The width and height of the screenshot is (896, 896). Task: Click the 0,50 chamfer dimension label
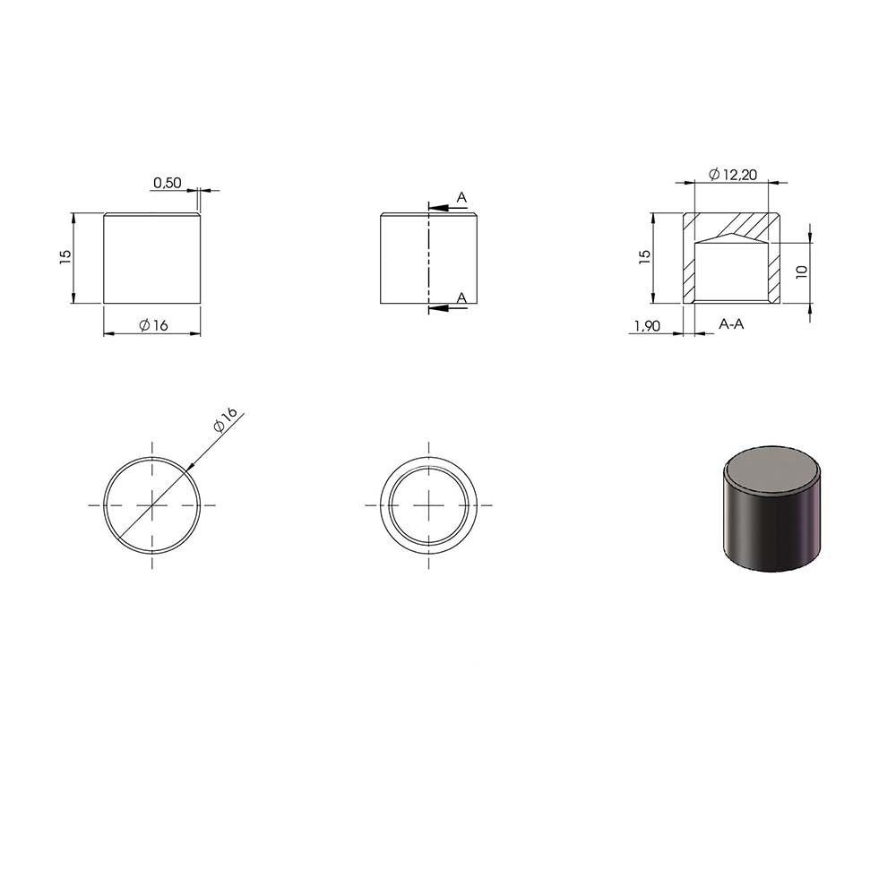[168, 183]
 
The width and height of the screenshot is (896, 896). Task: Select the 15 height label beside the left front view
[65, 256]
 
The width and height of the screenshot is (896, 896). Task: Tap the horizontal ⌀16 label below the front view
[154, 325]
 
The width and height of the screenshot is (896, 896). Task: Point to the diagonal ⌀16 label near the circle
[225, 420]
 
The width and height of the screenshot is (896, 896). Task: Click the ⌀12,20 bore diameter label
[733, 175]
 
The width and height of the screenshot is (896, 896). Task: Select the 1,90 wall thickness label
[648, 326]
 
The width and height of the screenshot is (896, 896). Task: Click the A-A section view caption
[731, 324]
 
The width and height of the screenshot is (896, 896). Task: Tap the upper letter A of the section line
[461, 198]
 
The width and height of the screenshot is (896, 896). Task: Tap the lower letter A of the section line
[461, 297]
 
